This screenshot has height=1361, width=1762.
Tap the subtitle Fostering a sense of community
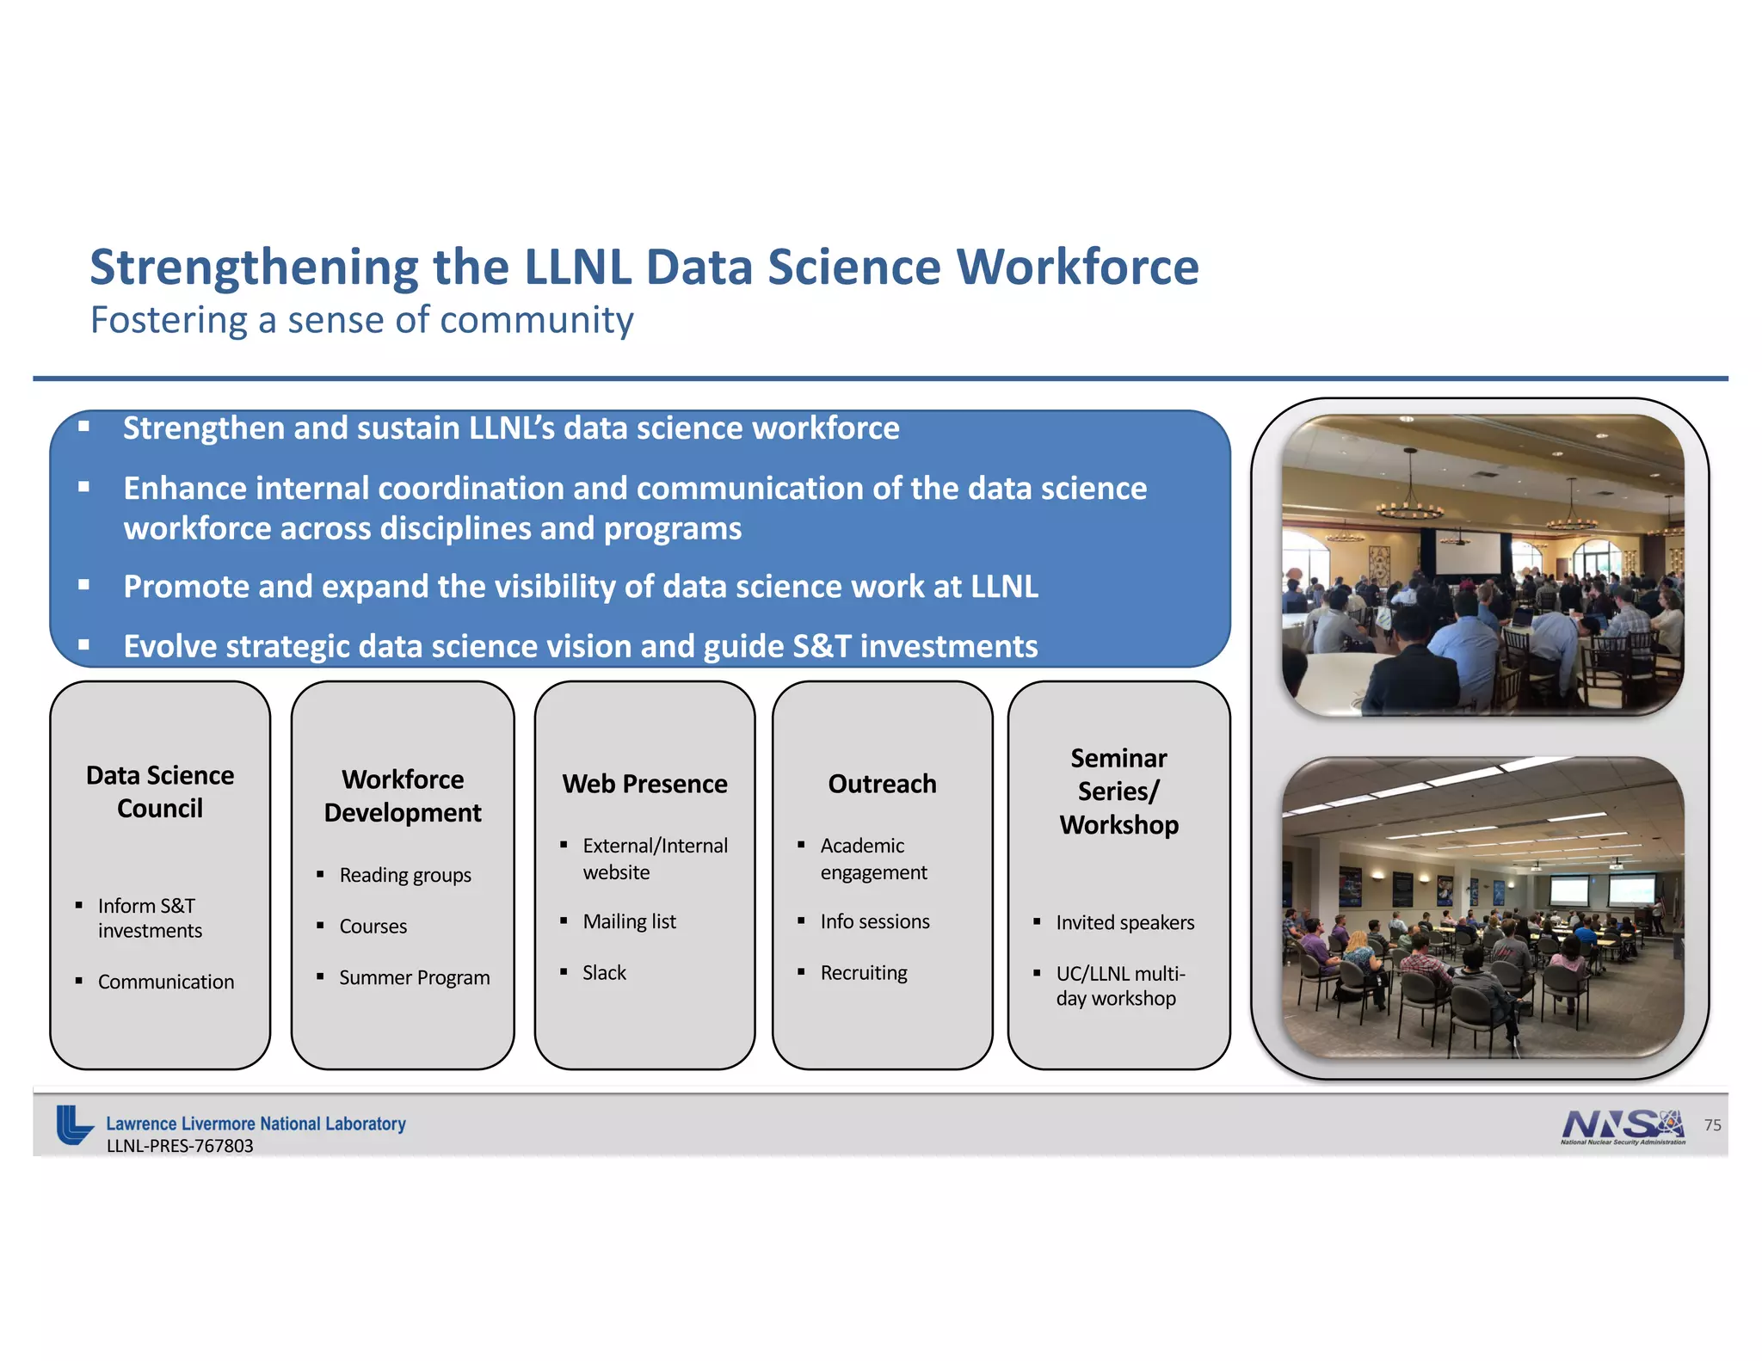point(361,320)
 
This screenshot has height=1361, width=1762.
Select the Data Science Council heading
point(160,791)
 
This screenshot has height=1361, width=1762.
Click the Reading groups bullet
point(404,875)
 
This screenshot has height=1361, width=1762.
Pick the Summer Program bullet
point(414,977)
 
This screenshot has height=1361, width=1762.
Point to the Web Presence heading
point(644,784)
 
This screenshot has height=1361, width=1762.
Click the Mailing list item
point(629,921)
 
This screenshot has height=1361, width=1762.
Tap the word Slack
point(604,972)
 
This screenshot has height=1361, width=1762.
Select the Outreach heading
point(882,784)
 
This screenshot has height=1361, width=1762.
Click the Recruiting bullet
point(863,972)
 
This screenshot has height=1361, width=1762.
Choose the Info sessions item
point(874,921)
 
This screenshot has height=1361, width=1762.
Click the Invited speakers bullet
point(1124,922)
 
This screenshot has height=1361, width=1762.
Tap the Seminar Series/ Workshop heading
point(1118,791)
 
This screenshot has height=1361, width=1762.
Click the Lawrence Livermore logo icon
point(74,1124)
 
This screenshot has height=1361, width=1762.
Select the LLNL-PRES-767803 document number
point(180,1146)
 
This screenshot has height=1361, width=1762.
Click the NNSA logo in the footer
point(1622,1125)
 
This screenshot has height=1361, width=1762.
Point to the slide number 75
point(1712,1125)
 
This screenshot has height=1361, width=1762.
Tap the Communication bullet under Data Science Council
point(165,982)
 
